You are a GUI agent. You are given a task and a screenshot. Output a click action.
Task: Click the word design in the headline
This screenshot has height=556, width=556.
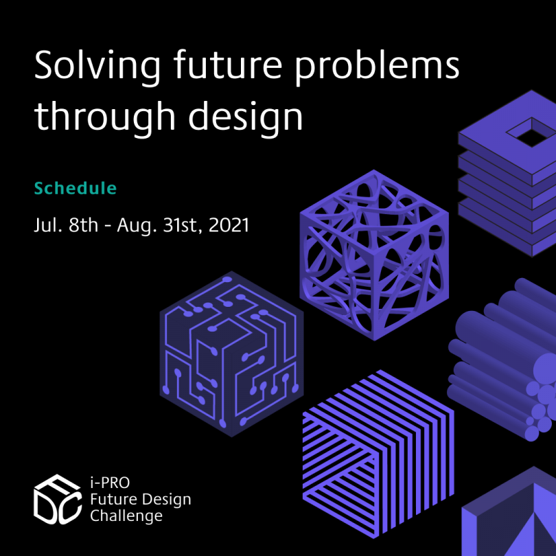coord(245,117)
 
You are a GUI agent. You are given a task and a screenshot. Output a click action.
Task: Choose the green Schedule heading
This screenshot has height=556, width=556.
coord(76,188)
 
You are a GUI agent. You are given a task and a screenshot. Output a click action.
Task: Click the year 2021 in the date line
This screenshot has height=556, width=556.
coord(229,225)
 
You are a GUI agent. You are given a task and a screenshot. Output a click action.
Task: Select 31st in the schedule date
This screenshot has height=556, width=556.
coord(183,226)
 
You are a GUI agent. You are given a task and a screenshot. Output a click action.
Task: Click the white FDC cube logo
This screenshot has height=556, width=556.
coord(58,499)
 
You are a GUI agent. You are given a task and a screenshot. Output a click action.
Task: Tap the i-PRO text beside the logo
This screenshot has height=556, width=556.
coord(110,483)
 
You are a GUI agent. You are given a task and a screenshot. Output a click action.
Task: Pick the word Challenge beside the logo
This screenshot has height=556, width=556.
coord(126,516)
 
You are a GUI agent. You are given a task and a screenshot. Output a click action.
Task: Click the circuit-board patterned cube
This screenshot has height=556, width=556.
coord(231,354)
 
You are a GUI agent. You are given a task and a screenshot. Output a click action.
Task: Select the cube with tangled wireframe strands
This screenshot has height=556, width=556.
coord(374,255)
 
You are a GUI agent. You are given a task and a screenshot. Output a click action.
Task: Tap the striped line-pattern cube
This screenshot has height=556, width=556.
coord(378,454)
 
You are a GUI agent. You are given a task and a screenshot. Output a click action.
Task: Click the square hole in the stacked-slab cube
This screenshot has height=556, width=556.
coord(532,132)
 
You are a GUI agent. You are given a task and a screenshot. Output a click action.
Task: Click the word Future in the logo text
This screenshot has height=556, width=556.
coord(113,499)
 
